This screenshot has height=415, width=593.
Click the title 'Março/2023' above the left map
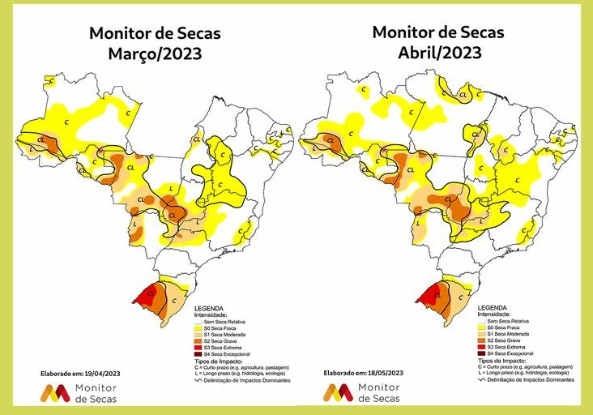pos(155,54)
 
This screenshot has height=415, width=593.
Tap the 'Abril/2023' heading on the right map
pos(438,53)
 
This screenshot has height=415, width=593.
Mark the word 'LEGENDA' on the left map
pos(209,309)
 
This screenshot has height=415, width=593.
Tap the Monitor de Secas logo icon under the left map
pos(55,394)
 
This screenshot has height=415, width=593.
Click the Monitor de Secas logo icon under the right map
pos(339,393)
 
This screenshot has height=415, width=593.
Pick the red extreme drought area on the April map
pos(431,294)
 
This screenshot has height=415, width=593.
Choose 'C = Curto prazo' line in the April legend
pos(522,366)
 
